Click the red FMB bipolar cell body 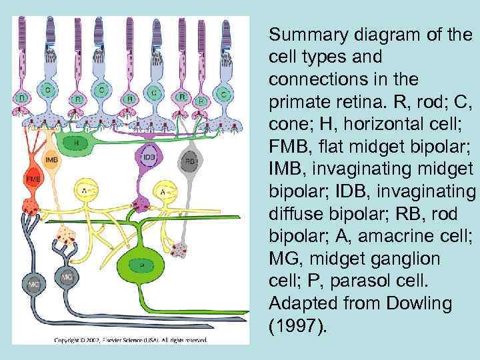point(31,179)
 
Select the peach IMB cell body point(51,162)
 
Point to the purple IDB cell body point(149,157)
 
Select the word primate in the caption point(295,103)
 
